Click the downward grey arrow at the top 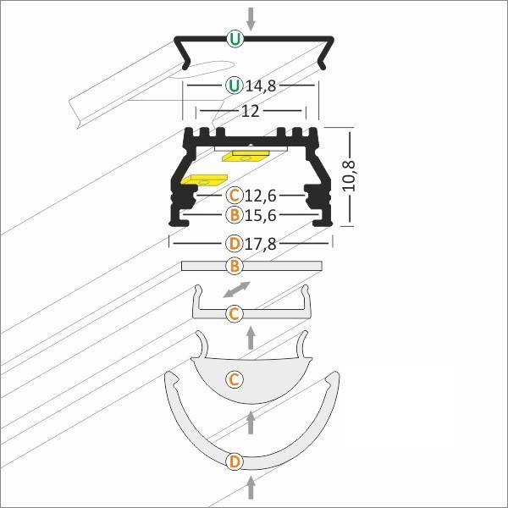[251, 19]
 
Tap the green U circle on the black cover [235, 39]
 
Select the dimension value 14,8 [261, 86]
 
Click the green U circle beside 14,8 [235, 86]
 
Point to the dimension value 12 [251, 111]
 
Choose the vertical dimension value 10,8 [350, 175]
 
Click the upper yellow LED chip [246, 155]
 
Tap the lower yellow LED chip [204, 179]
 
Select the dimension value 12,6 [261, 196]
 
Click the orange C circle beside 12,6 [235, 196]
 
